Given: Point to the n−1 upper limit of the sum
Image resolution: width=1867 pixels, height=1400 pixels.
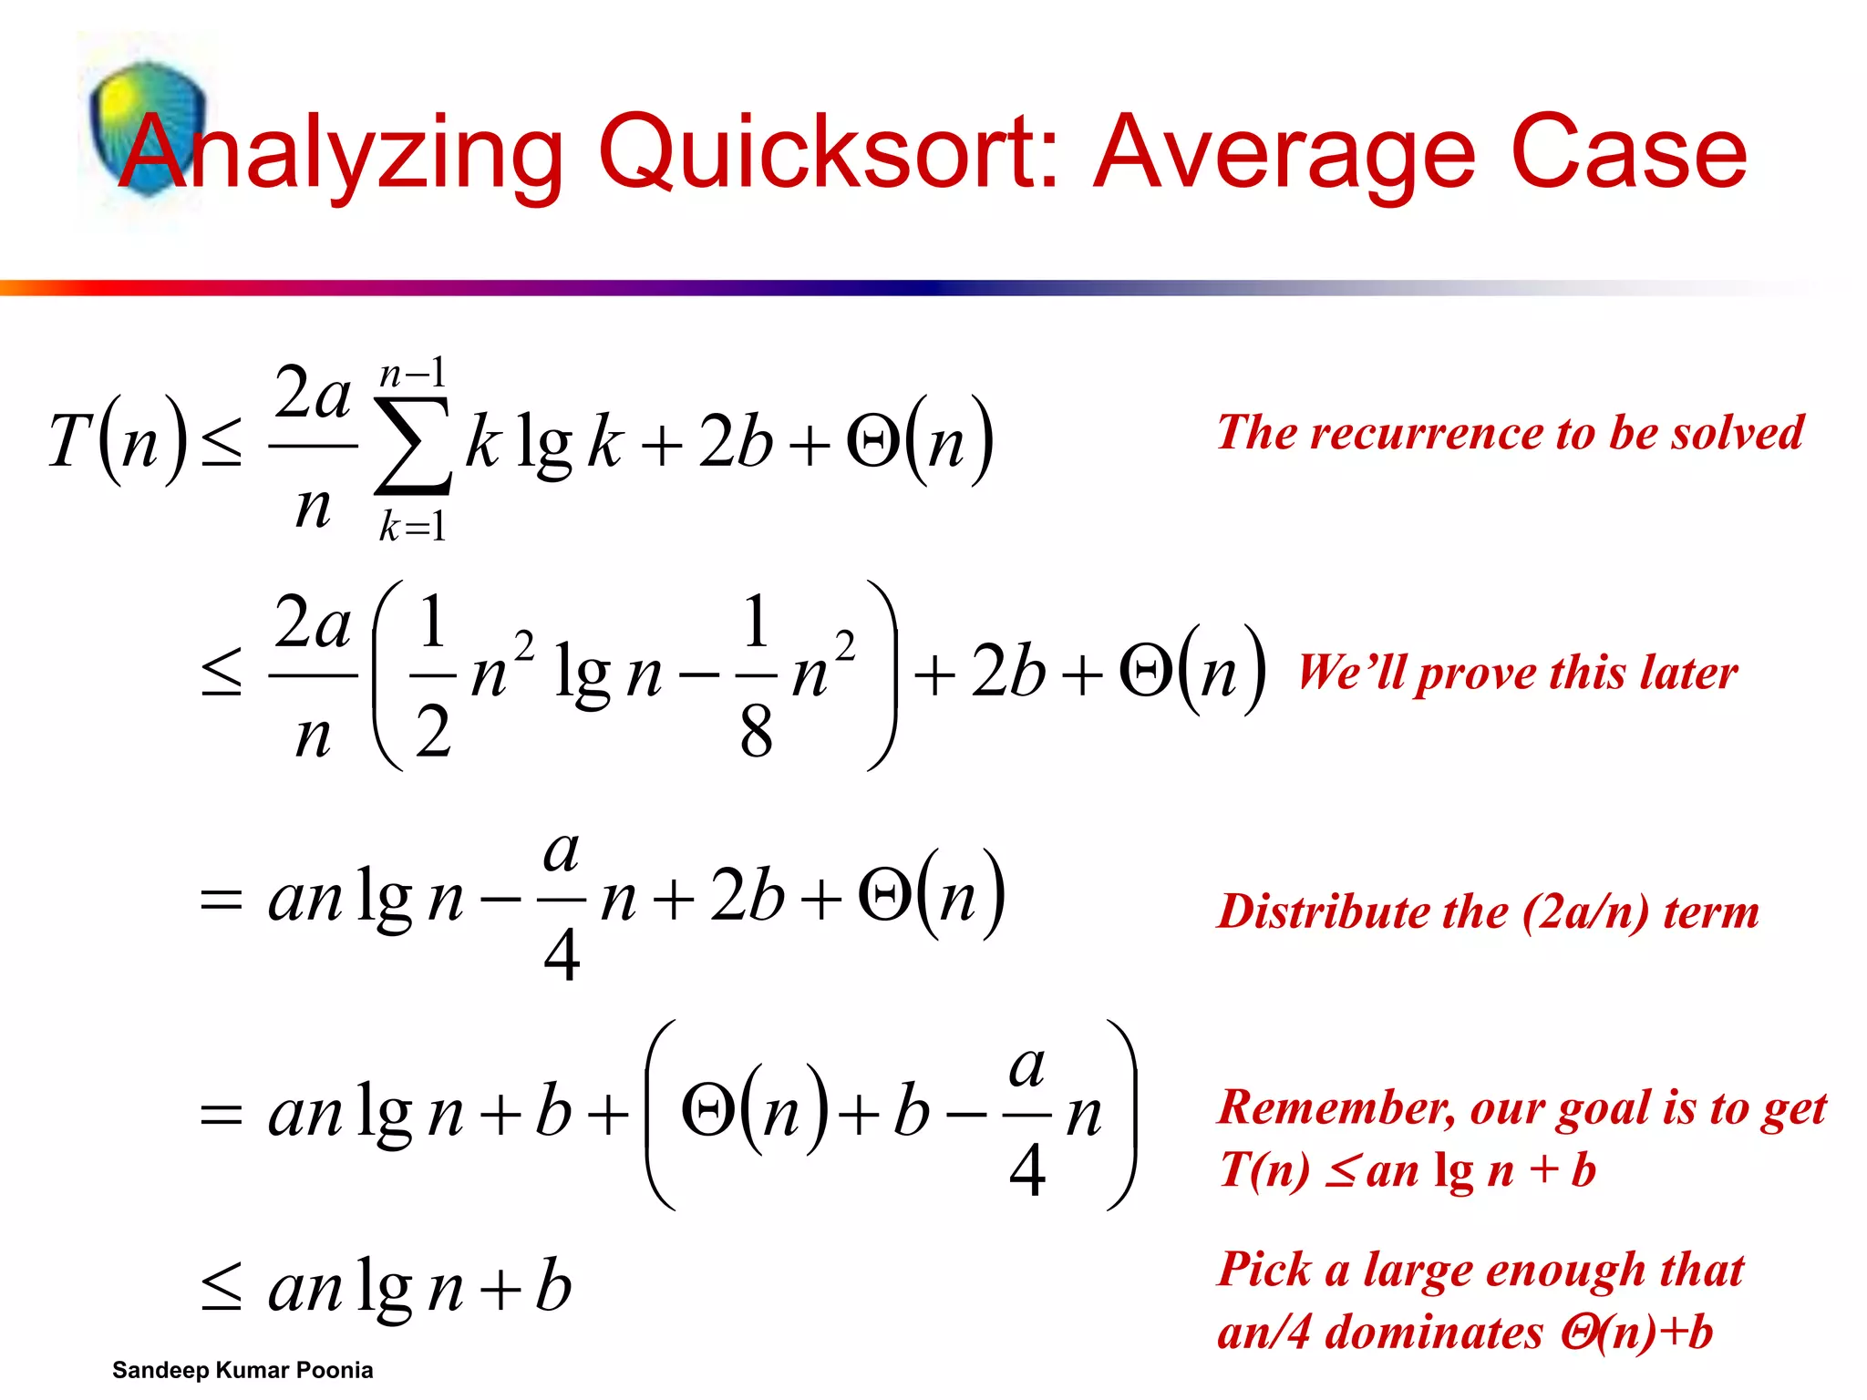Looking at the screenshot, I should (x=412, y=374).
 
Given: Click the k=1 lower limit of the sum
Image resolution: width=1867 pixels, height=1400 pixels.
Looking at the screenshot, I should (x=412, y=527).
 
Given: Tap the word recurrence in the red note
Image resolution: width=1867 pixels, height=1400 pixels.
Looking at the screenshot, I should (x=1432, y=432).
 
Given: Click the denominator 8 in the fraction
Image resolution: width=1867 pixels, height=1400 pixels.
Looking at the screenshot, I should (x=756, y=731).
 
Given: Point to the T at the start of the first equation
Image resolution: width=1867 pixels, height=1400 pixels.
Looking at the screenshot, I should (x=70, y=442).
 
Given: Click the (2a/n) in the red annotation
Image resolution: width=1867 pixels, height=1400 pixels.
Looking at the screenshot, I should (x=1587, y=911).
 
